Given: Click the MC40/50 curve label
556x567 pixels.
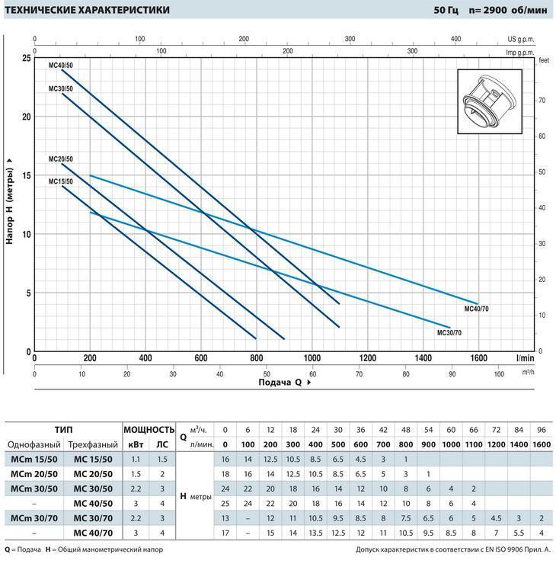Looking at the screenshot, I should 60,66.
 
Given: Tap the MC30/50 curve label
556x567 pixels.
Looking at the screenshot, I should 60,89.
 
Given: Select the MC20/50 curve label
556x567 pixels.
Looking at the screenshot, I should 60,159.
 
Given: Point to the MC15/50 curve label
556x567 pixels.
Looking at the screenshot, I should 60,181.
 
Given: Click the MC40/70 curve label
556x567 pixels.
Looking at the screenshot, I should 478,309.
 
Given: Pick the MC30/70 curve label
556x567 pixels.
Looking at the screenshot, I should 449,333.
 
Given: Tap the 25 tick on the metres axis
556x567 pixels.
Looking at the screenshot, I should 27,58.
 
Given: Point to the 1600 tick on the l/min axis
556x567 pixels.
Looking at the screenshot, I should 478,357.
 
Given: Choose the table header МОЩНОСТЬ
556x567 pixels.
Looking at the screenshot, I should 149,429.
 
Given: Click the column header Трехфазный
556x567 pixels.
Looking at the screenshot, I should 94,444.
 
